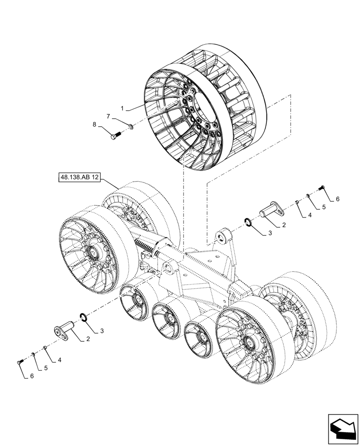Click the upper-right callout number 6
point(337,199)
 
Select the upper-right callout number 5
point(324,207)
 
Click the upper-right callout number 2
point(284,226)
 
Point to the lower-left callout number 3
point(102,330)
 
